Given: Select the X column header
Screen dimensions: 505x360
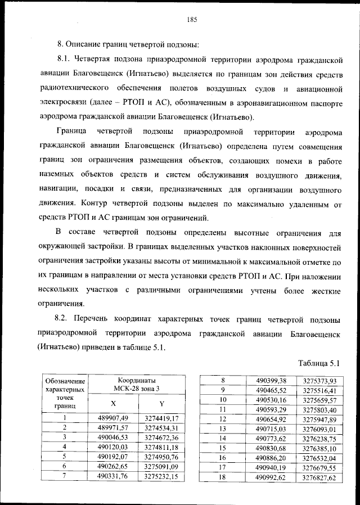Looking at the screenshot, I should tap(113, 403).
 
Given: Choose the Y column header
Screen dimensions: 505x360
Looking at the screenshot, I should tap(161, 403).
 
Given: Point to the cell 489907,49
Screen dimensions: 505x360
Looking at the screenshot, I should tap(113, 418).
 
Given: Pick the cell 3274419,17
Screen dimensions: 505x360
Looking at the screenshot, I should tap(161, 418).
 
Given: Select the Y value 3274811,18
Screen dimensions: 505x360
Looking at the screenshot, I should tap(161, 447).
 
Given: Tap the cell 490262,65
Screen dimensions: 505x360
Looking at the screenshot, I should tap(113, 466).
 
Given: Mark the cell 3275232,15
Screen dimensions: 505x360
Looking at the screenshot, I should tap(161, 476).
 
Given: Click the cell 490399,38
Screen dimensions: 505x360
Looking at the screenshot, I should tap(271, 381).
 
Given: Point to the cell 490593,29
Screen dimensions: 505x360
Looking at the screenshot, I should tap(271, 409).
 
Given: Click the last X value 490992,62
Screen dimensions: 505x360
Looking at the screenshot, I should tap(271, 477).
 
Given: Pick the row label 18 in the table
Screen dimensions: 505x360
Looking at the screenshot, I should tap(223, 477).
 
